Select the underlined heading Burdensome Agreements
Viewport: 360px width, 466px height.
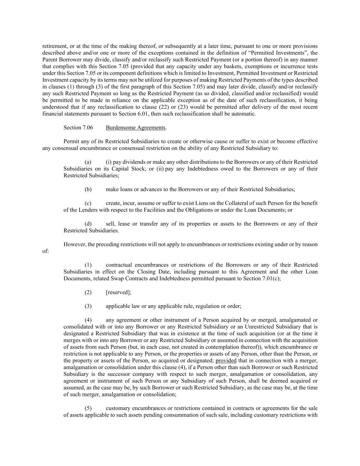click(135, 128)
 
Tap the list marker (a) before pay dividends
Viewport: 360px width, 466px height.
click(88, 162)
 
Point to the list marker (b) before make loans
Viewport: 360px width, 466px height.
click(88, 189)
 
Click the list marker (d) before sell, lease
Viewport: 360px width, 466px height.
click(88, 224)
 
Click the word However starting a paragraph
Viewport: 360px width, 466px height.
click(74, 244)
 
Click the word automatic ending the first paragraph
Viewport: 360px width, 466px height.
click(244, 114)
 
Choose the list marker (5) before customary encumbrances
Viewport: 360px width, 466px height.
click(88, 409)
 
